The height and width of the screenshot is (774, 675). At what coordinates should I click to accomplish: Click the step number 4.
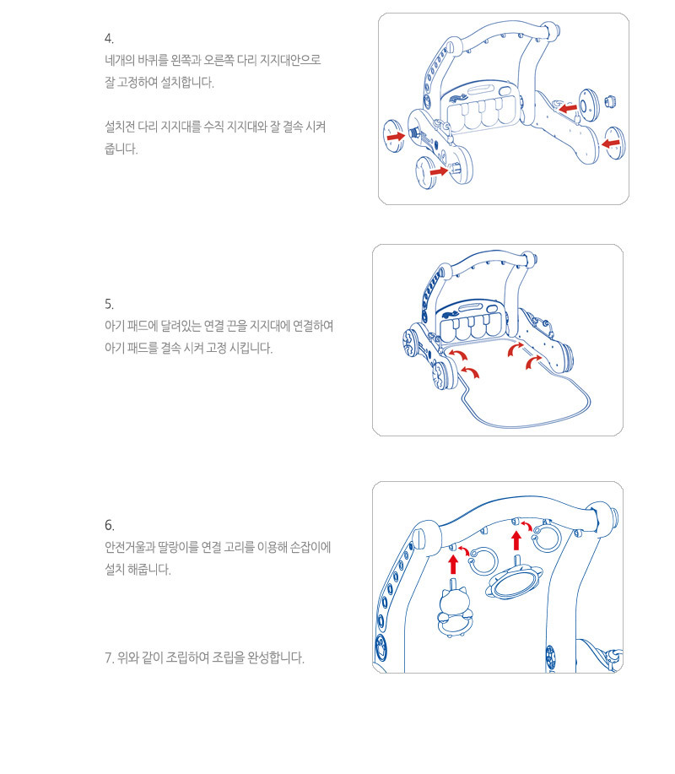(x=109, y=39)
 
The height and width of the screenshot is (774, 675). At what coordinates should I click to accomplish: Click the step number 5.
(x=109, y=304)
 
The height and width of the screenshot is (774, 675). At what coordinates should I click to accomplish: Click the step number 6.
(x=109, y=525)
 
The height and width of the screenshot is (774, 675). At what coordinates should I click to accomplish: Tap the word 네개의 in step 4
(x=120, y=60)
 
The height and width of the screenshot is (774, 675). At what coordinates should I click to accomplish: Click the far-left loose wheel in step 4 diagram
(x=393, y=136)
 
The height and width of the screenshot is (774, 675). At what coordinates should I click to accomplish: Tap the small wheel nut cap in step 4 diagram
(x=610, y=101)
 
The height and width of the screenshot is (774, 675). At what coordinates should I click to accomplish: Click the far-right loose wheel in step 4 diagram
(x=615, y=143)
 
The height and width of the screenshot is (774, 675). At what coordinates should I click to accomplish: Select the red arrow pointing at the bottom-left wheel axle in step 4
(x=438, y=171)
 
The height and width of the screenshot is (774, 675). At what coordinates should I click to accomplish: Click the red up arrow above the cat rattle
(x=453, y=564)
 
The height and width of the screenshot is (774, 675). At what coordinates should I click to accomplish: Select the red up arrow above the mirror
(x=516, y=540)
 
